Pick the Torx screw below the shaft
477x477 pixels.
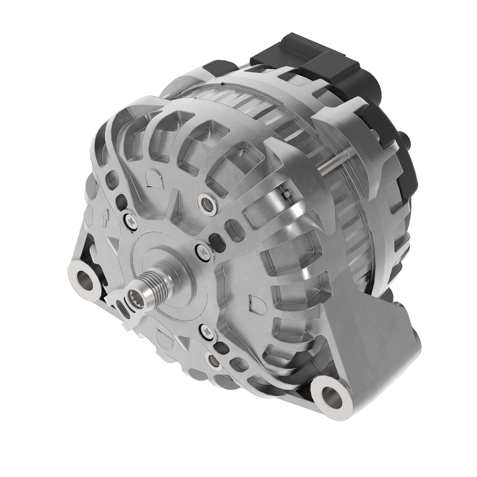[206, 330]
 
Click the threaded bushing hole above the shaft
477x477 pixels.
[207, 204]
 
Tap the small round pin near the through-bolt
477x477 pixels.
[288, 194]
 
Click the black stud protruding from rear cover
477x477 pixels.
[405, 139]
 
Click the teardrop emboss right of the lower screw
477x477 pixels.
[254, 302]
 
